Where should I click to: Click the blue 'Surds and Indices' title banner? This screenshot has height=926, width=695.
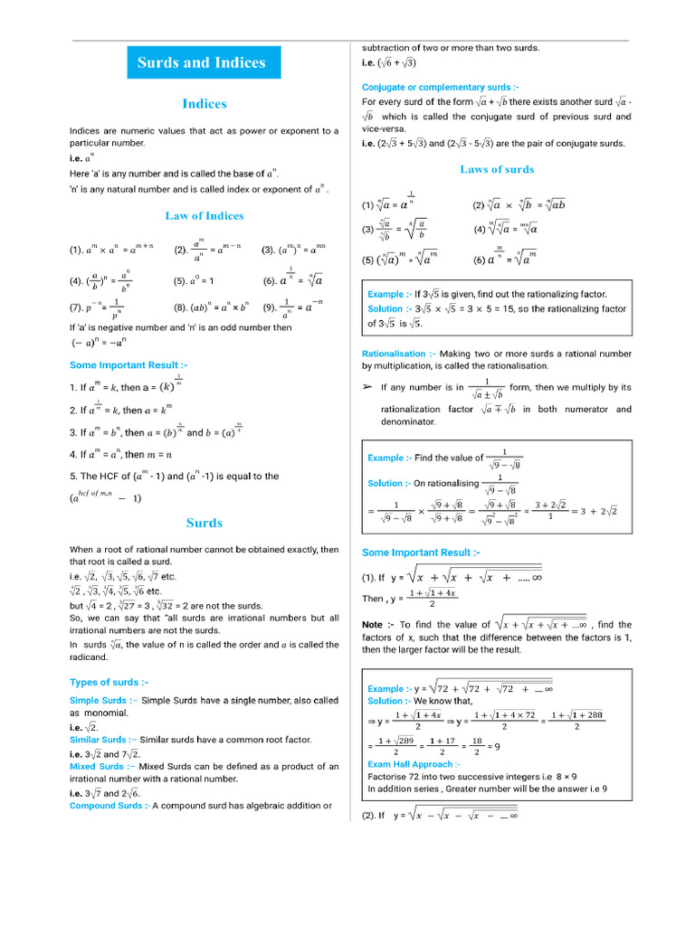coord(202,62)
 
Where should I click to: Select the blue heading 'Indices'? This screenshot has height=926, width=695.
coord(205,104)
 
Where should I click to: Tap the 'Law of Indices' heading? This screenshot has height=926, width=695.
coord(205,216)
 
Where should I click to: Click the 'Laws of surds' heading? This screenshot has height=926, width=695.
coord(497,169)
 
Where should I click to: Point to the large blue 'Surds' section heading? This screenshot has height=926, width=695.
coord(205,523)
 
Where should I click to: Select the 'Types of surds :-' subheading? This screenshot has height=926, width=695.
coord(109,682)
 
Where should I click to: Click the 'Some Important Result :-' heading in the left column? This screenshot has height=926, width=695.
coord(129,365)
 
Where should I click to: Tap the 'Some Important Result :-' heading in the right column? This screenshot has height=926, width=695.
coord(421,553)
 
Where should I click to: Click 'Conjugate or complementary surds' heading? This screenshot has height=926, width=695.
coord(438,88)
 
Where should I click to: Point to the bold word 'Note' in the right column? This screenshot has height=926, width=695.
coord(372,625)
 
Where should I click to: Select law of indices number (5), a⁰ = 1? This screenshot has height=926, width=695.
coord(194,280)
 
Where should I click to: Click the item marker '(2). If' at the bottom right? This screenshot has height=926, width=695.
coord(375,815)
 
